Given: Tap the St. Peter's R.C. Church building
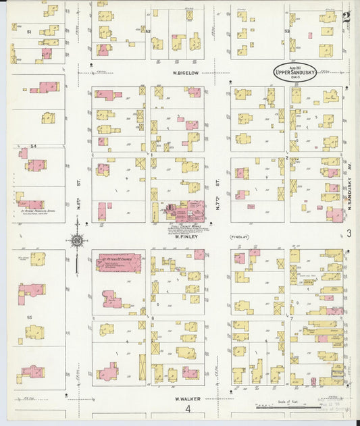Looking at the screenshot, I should click(119, 262).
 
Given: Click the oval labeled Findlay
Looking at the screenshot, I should click(240, 237).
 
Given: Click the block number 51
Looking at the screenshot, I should click(29, 32).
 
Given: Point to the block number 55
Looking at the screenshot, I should click(29, 317).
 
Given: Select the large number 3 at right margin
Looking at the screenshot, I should click(349, 234).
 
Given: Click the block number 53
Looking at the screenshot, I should click(286, 31).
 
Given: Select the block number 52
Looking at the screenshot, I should click(147, 31).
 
